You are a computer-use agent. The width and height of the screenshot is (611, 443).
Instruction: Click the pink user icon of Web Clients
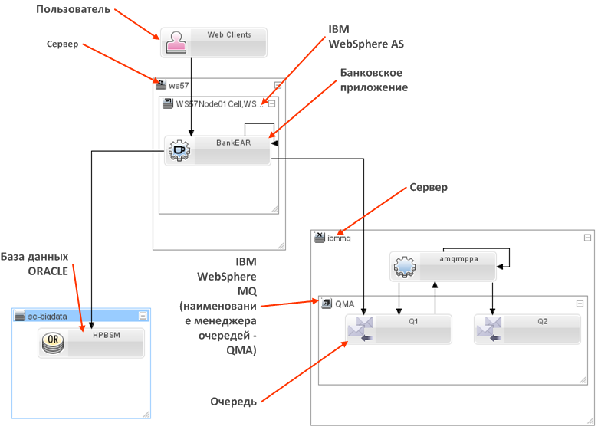(x=176, y=43)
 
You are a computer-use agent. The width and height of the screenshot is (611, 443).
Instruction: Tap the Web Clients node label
(x=228, y=35)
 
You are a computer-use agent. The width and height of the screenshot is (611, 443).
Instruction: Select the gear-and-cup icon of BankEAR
(x=179, y=150)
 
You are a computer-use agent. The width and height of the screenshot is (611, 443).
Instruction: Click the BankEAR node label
(x=233, y=143)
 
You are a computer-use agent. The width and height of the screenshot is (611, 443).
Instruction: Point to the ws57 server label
(x=179, y=85)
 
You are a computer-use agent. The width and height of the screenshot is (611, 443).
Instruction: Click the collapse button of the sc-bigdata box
(x=143, y=316)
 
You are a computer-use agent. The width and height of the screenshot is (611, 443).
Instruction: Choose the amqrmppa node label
(x=458, y=259)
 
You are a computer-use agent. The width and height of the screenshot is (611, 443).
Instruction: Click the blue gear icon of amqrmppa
(x=403, y=267)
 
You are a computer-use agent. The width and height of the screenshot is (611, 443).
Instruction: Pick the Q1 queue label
(x=412, y=322)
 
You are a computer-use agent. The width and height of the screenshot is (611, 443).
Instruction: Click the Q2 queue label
(x=542, y=322)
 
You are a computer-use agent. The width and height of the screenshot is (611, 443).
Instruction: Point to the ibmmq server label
(x=338, y=238)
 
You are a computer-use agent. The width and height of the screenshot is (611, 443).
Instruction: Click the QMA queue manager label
(x=344, y=304)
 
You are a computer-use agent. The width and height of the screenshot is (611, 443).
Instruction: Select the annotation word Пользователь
(x=74, y=10)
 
